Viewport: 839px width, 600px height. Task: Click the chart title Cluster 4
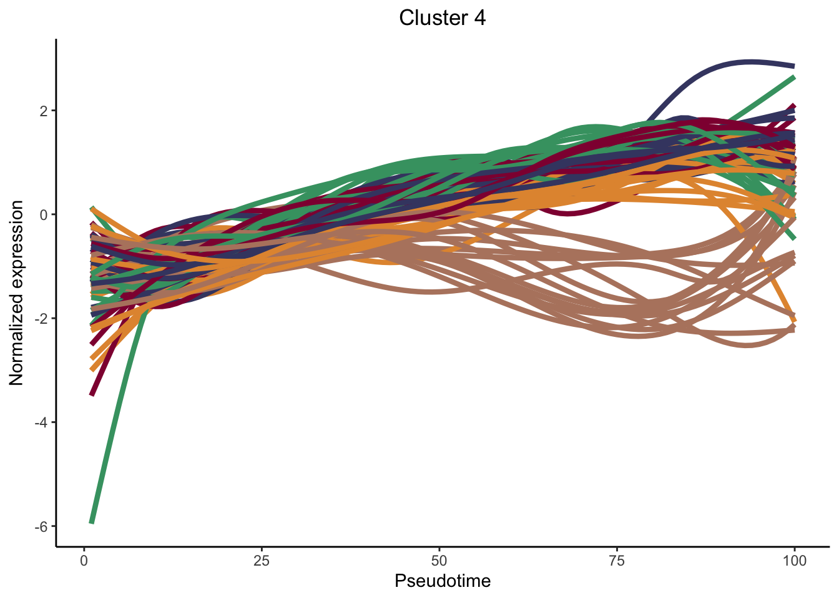coord(442,18)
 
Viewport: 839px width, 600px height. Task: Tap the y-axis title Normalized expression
coord(16,292)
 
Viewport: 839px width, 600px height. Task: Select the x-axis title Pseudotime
coord(443,581)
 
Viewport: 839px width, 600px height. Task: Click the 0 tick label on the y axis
coord(44,215)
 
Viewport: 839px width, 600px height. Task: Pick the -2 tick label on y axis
coord(41,319)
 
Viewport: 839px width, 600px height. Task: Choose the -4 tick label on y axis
coord(41,422)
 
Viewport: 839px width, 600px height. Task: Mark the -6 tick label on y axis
coord(41,526)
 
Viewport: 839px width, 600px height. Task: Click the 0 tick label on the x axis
coord(84,561)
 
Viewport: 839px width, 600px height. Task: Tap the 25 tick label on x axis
coord(262,561)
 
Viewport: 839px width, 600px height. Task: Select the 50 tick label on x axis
coord(439,561)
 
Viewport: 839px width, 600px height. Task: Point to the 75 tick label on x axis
coord(617,561)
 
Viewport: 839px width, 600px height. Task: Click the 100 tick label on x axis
coord(794,561)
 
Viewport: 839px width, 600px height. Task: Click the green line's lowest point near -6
coord(92,521)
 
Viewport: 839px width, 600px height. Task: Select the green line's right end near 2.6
coord(793,77)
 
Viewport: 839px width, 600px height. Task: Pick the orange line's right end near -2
coord(793,319)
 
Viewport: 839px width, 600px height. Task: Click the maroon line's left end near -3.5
coord(92,394)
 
